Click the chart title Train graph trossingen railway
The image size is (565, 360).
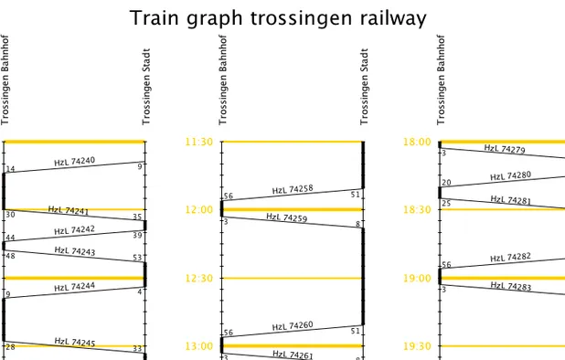pos(278,18)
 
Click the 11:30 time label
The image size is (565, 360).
pos(199,142)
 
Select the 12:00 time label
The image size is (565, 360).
pos(199,209)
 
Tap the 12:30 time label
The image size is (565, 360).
pos(199,278)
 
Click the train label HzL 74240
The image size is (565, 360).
pos(74,162)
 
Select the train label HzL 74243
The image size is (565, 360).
pos(74,251)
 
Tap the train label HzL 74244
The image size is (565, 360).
pos(74,287)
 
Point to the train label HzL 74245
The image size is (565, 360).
pos(74,343)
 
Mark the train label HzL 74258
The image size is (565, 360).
pos(293,190)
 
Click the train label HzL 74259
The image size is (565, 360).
pos(286,217)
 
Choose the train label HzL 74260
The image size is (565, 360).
pos(293,326)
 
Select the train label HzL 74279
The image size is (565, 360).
pos(504,149)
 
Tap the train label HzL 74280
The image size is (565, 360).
pos(510,175)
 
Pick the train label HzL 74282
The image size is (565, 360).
pos(510,259)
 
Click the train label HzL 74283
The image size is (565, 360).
pos(510,286)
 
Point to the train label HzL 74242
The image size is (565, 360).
pos(74,230)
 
